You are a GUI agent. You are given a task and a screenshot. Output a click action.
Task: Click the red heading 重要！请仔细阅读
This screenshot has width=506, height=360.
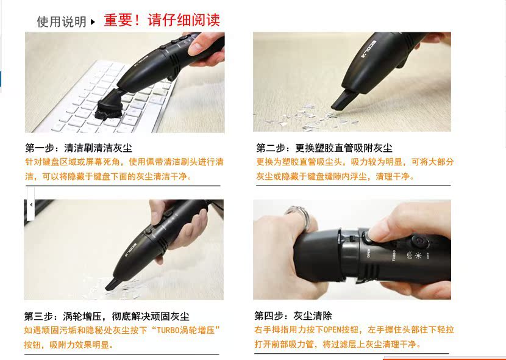tap(162, 20)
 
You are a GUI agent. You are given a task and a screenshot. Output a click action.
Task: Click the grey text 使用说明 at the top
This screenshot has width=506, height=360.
tap(62, 22)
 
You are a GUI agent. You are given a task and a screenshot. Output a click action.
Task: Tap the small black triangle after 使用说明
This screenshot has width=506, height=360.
tap(93, 22)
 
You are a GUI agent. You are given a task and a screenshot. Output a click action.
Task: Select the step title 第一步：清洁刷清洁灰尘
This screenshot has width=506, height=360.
tap(79, 148)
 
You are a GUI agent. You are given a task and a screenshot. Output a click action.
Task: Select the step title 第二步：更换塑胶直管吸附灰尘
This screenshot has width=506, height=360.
tap(324, 148)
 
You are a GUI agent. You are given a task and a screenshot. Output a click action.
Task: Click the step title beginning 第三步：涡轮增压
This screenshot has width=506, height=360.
tap(107, 316)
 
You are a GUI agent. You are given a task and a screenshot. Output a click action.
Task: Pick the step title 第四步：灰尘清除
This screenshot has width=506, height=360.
tap(293, 316)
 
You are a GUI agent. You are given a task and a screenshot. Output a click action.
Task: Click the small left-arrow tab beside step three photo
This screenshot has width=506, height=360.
tap(30, 204)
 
